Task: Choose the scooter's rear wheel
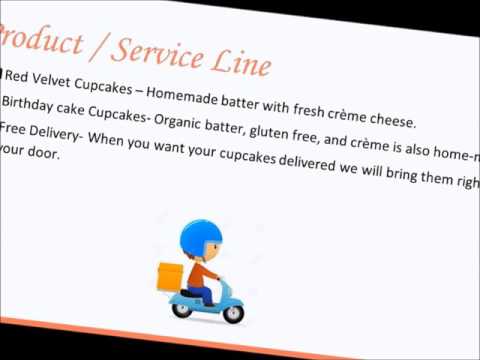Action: coord(183,308)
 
